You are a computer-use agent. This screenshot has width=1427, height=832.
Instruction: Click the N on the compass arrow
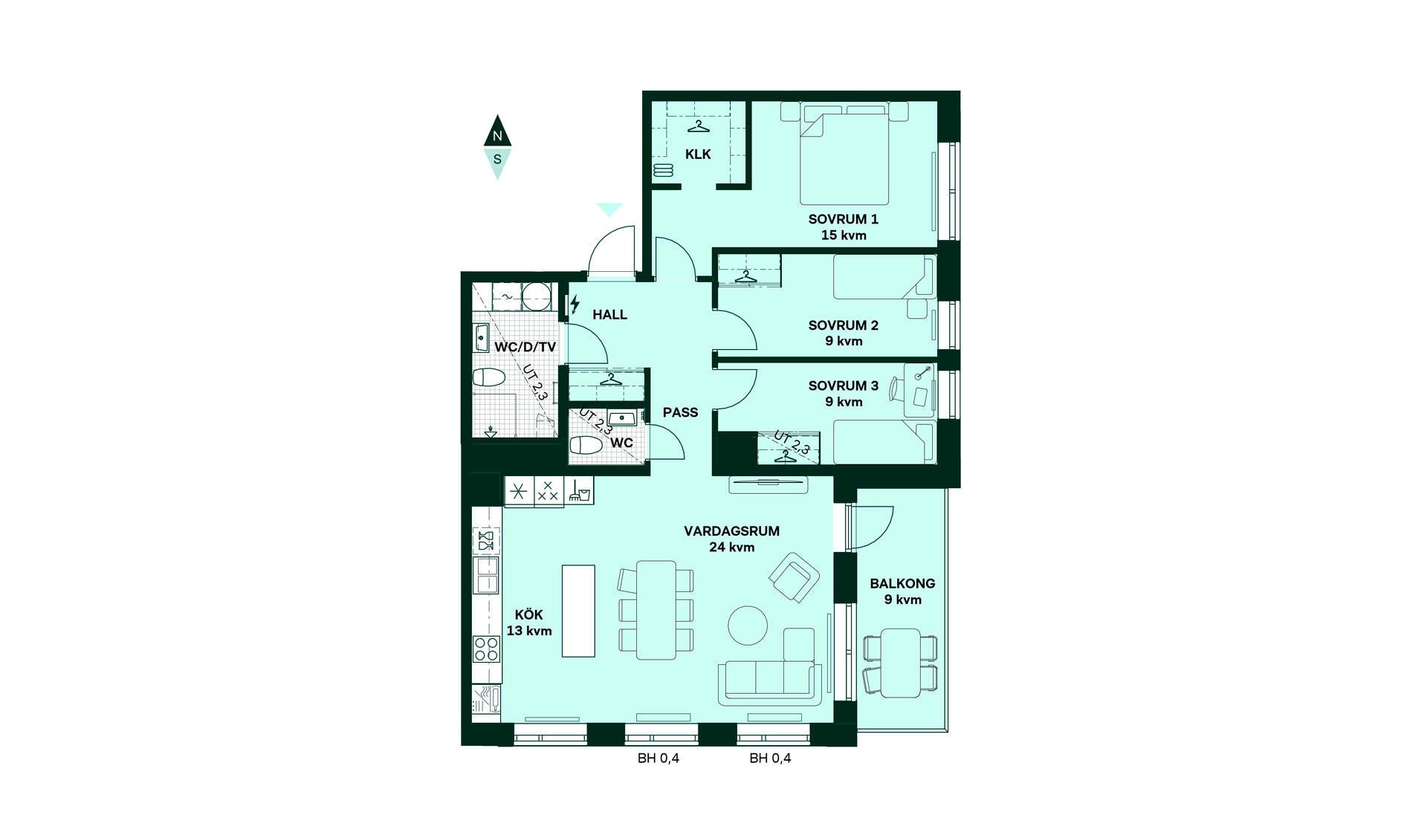(497, 137)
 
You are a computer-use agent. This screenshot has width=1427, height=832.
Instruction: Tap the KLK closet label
(698, 155)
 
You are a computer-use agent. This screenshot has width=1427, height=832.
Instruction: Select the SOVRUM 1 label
(844, 219)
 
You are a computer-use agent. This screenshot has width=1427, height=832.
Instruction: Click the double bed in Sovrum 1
(844, 154)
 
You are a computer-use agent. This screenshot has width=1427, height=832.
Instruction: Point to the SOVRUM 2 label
(844, 325)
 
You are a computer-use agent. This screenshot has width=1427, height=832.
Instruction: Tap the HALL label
(610, 315)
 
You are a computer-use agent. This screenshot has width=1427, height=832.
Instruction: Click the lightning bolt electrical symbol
(575, 304)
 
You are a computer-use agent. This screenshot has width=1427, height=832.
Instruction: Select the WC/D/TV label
(525, 347)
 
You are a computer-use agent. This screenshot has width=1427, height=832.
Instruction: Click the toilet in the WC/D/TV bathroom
(489, 377)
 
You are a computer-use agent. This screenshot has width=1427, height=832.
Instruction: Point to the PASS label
(681, 412)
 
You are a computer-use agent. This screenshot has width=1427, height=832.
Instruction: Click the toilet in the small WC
(586, 446)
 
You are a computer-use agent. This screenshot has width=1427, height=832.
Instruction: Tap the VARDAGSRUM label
(732, 531)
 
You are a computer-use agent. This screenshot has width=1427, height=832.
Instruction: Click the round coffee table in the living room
(748, 625)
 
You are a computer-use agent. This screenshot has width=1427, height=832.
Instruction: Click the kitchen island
(578, 611)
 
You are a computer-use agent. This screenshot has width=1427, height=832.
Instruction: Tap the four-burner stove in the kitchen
(487, 649)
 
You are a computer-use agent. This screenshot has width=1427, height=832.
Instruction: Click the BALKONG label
(903, 584)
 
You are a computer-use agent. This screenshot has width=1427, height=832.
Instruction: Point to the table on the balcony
(901, 663)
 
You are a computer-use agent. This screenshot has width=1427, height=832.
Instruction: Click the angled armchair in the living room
(795, 577)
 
